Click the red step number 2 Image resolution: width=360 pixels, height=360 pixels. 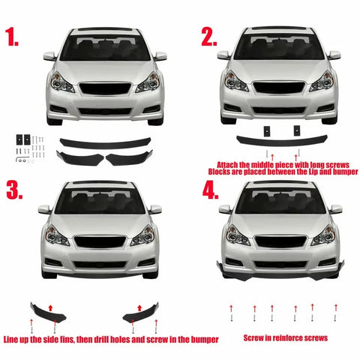[x=208, y=37]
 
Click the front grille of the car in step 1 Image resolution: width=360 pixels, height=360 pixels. [x=104, y=88]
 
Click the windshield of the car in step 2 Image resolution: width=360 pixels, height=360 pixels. [x=279, y=47]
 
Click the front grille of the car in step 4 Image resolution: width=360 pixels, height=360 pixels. [x=279, y=241]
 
